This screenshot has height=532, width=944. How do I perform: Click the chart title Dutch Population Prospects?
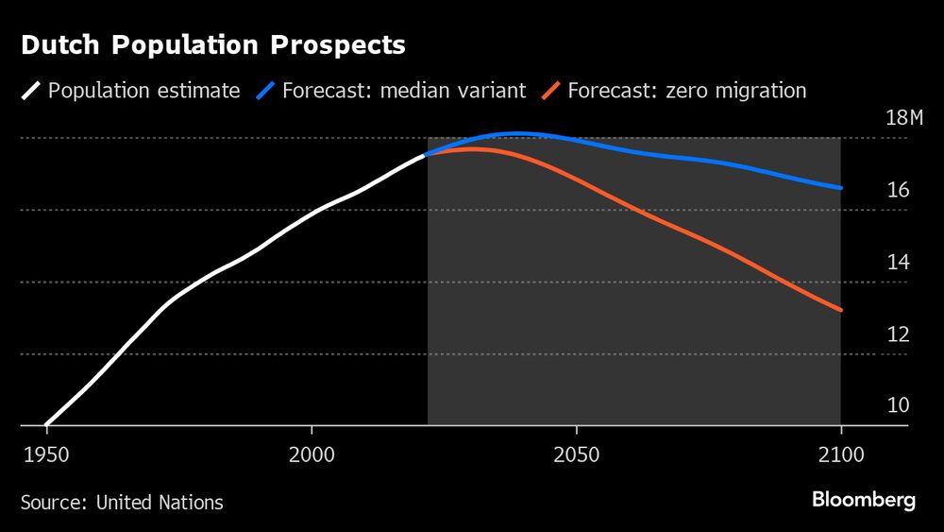click(x=213, y=44)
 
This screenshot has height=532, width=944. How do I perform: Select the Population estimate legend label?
click(x=143, y=92)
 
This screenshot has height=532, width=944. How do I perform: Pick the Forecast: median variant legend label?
click(x=403, y=92)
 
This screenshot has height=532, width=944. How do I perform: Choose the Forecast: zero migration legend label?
click(x=686, y=92)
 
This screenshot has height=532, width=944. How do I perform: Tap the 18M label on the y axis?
click(x=904, y=118)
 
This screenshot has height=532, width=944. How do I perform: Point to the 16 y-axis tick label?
click(x=898, y=190)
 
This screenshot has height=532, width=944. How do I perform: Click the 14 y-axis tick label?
click(x=898, y=262)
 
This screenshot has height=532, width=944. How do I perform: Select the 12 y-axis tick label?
click(x=898, y=334)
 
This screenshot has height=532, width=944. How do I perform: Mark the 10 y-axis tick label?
click(x=898, y=405)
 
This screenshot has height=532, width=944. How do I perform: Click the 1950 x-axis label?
click(x=45, y=454)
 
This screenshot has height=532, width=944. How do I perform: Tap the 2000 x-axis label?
click(x=312, y=454)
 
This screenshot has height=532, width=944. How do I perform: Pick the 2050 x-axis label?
click(x=577, y=454)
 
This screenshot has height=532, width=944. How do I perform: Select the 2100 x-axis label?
click(x=841, y=454)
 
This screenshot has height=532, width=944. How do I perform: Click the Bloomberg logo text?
click(x=863, y=501)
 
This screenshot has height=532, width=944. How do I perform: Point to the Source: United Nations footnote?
click(x=122, y=502)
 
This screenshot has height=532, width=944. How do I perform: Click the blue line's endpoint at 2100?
click(x=840, y=188)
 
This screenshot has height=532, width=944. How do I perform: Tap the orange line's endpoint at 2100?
click(x=840, y=310)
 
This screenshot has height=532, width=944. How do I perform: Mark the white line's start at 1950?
click(x=46, y=424)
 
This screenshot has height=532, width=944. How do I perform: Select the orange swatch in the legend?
click(x=551, y=92)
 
